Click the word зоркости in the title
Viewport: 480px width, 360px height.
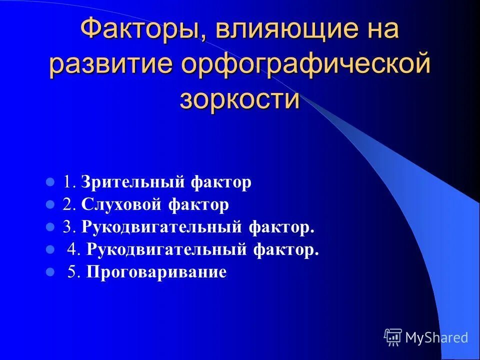click(239, 99)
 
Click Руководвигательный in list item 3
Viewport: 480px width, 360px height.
click(162, 227)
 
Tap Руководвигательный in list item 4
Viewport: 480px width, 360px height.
click(167, 249)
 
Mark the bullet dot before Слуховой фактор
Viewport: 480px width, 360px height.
click(50, 205)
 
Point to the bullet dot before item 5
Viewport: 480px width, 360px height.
click(50, 272)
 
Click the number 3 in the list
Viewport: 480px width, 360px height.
click(66, 227)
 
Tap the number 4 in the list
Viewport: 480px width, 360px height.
click(71, 249)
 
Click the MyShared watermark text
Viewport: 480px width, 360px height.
click(436, 337)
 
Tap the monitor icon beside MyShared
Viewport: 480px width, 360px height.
click(393, 337)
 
